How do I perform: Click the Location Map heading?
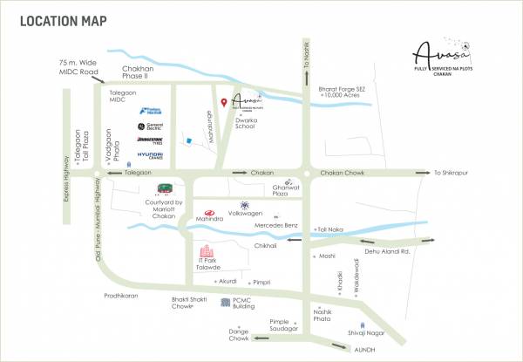tap(58, 19)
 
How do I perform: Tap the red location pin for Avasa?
tap(224, 103)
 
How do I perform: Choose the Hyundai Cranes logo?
tap(149, 156)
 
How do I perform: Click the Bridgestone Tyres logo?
tap(149, 140)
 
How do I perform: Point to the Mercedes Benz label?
tap(276, 226)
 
